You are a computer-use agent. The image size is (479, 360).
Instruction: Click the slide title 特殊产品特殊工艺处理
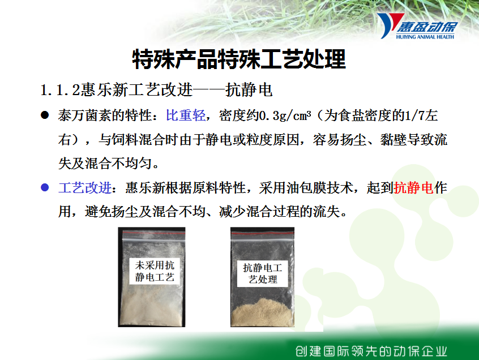coord(239,59)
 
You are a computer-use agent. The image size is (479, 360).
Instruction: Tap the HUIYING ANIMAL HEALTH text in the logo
coord(425,37)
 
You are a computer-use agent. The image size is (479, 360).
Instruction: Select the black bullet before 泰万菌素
coord(45,115)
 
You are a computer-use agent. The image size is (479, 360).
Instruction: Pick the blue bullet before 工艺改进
coord(45,187)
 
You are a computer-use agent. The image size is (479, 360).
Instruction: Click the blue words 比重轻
coord(186,115)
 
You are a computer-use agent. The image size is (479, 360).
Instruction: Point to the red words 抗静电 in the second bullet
coord(414,187)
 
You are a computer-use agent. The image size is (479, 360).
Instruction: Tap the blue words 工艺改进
coord(85,188)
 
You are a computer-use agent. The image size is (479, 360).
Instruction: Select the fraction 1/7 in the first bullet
coord(414,115)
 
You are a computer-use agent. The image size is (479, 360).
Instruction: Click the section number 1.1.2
coord(60,91)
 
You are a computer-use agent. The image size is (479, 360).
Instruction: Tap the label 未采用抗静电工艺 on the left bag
coord(155,271)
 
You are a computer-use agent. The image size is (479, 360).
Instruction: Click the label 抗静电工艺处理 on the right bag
coord(262,273)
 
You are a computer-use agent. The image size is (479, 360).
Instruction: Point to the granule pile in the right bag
coord(262,313)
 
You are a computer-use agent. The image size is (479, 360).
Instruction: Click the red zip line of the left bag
coord(153,233)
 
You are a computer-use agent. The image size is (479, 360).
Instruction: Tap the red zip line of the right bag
coord(262,234)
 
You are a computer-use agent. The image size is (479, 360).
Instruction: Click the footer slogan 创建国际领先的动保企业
coord(371,351)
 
